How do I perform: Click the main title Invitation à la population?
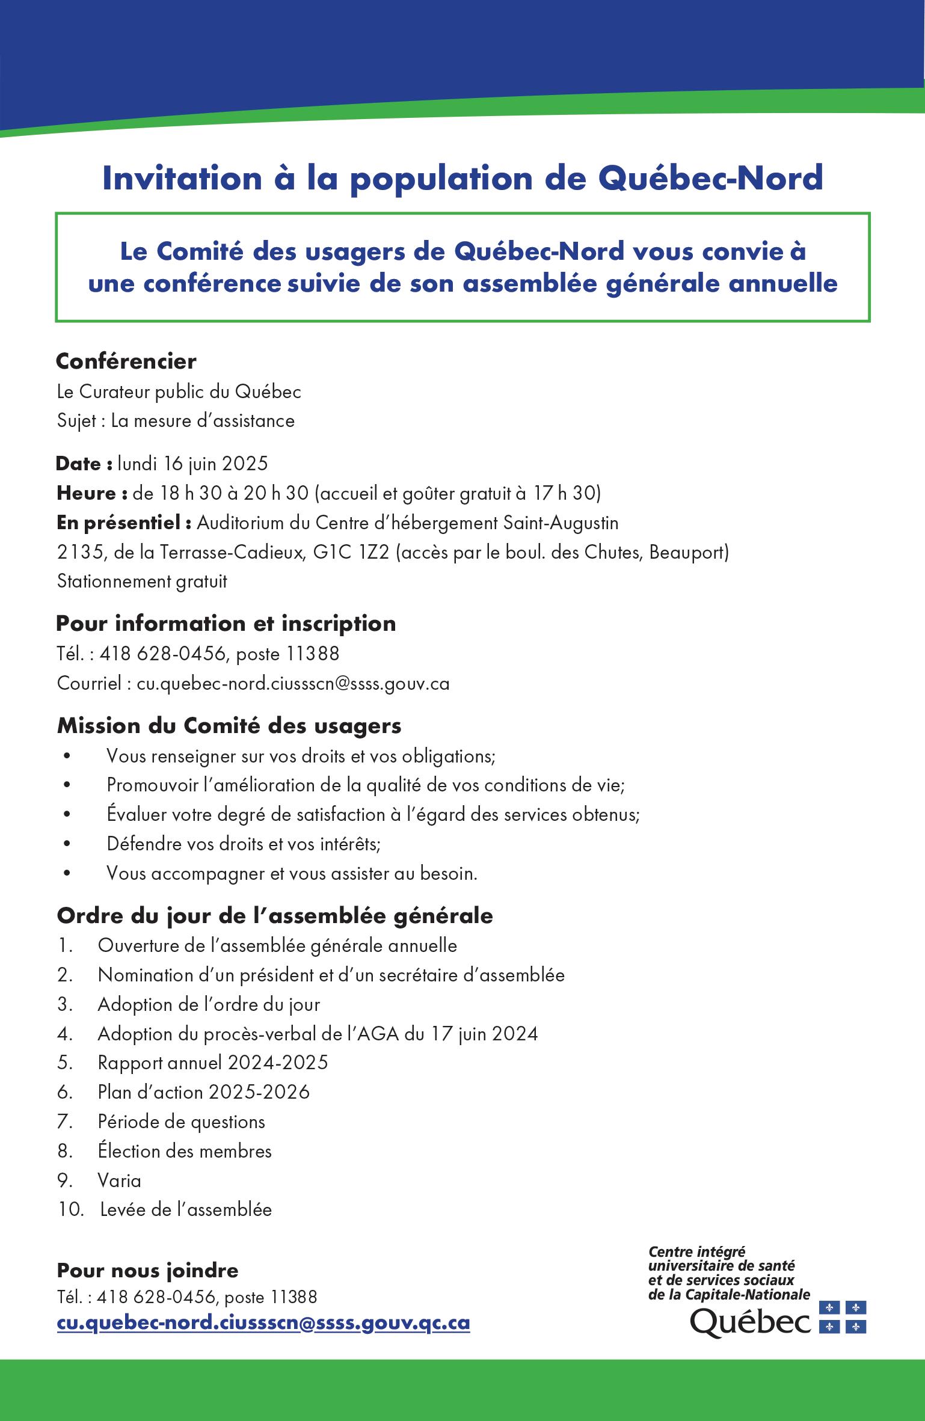pyautogui.click(x=463, y=179)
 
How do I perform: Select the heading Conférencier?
pyautogui.click(x=126, y=361)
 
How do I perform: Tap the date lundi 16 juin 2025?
pyautogui.click(x=192, y=464)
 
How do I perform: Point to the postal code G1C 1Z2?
pyautogui.click(x=351, y=552)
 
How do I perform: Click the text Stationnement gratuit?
pyautogui.click(x=142, y=582)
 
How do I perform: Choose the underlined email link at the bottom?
pyautogui.click(x=263, y=1324)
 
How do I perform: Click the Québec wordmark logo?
pyautogui.click(x=749, y=1323)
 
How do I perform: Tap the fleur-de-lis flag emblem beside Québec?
pyautogui.click(x=842, y=1317)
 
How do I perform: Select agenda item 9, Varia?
pyautogui.click(x=119, y=1180)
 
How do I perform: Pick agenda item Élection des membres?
pyautogui.click(x=184, y=1151)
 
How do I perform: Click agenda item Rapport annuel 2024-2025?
pyautogui.click(x=213, y=1063)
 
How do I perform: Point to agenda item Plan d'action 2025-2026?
pyautogui.click(x=203, y=1092)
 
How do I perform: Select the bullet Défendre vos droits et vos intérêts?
pyautogui.click(x=244, y=844)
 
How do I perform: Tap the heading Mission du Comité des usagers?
pyautogui.click(x=229, y=726)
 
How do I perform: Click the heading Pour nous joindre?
pyautogui.click(x=147, y=1270)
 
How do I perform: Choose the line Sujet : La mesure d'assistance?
pyautogui.click(x=176, y=420)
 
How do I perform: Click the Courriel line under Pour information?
pyautogui.click(x=253, y=683)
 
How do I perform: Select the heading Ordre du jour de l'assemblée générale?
pyautogui.click(x=275, y=916)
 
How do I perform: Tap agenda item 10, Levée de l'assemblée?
pyautogui.click(x=186, y=1209)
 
